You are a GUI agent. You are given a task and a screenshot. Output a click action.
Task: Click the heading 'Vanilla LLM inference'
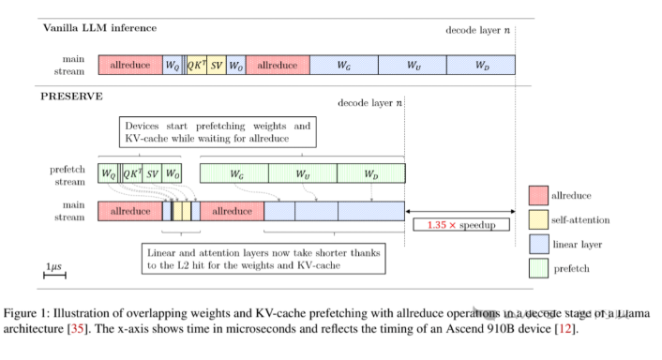click(99, 28)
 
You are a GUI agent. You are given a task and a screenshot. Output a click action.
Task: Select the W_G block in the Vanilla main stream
click(343, 65)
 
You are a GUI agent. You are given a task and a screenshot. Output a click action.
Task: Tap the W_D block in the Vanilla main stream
click(481, 65)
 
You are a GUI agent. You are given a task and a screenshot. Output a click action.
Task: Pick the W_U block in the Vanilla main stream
click(413, 65)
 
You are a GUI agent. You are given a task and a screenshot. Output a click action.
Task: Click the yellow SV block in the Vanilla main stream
click(216, 65)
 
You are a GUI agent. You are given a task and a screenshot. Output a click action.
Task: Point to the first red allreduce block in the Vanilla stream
click(129, 65)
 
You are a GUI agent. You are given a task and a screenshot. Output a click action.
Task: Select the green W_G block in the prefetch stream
click(233, 173)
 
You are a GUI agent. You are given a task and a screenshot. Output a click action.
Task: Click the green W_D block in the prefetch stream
click(371, 173)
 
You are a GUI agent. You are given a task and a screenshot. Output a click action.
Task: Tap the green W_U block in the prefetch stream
click(302, 173)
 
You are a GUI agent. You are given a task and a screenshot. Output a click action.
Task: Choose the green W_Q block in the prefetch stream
click(109, 173)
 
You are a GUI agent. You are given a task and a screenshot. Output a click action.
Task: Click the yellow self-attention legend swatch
click(537, 219)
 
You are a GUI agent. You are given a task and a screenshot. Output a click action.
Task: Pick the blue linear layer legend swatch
click(537, 245)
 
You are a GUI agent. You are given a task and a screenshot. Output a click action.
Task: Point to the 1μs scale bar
click(55, 277)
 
